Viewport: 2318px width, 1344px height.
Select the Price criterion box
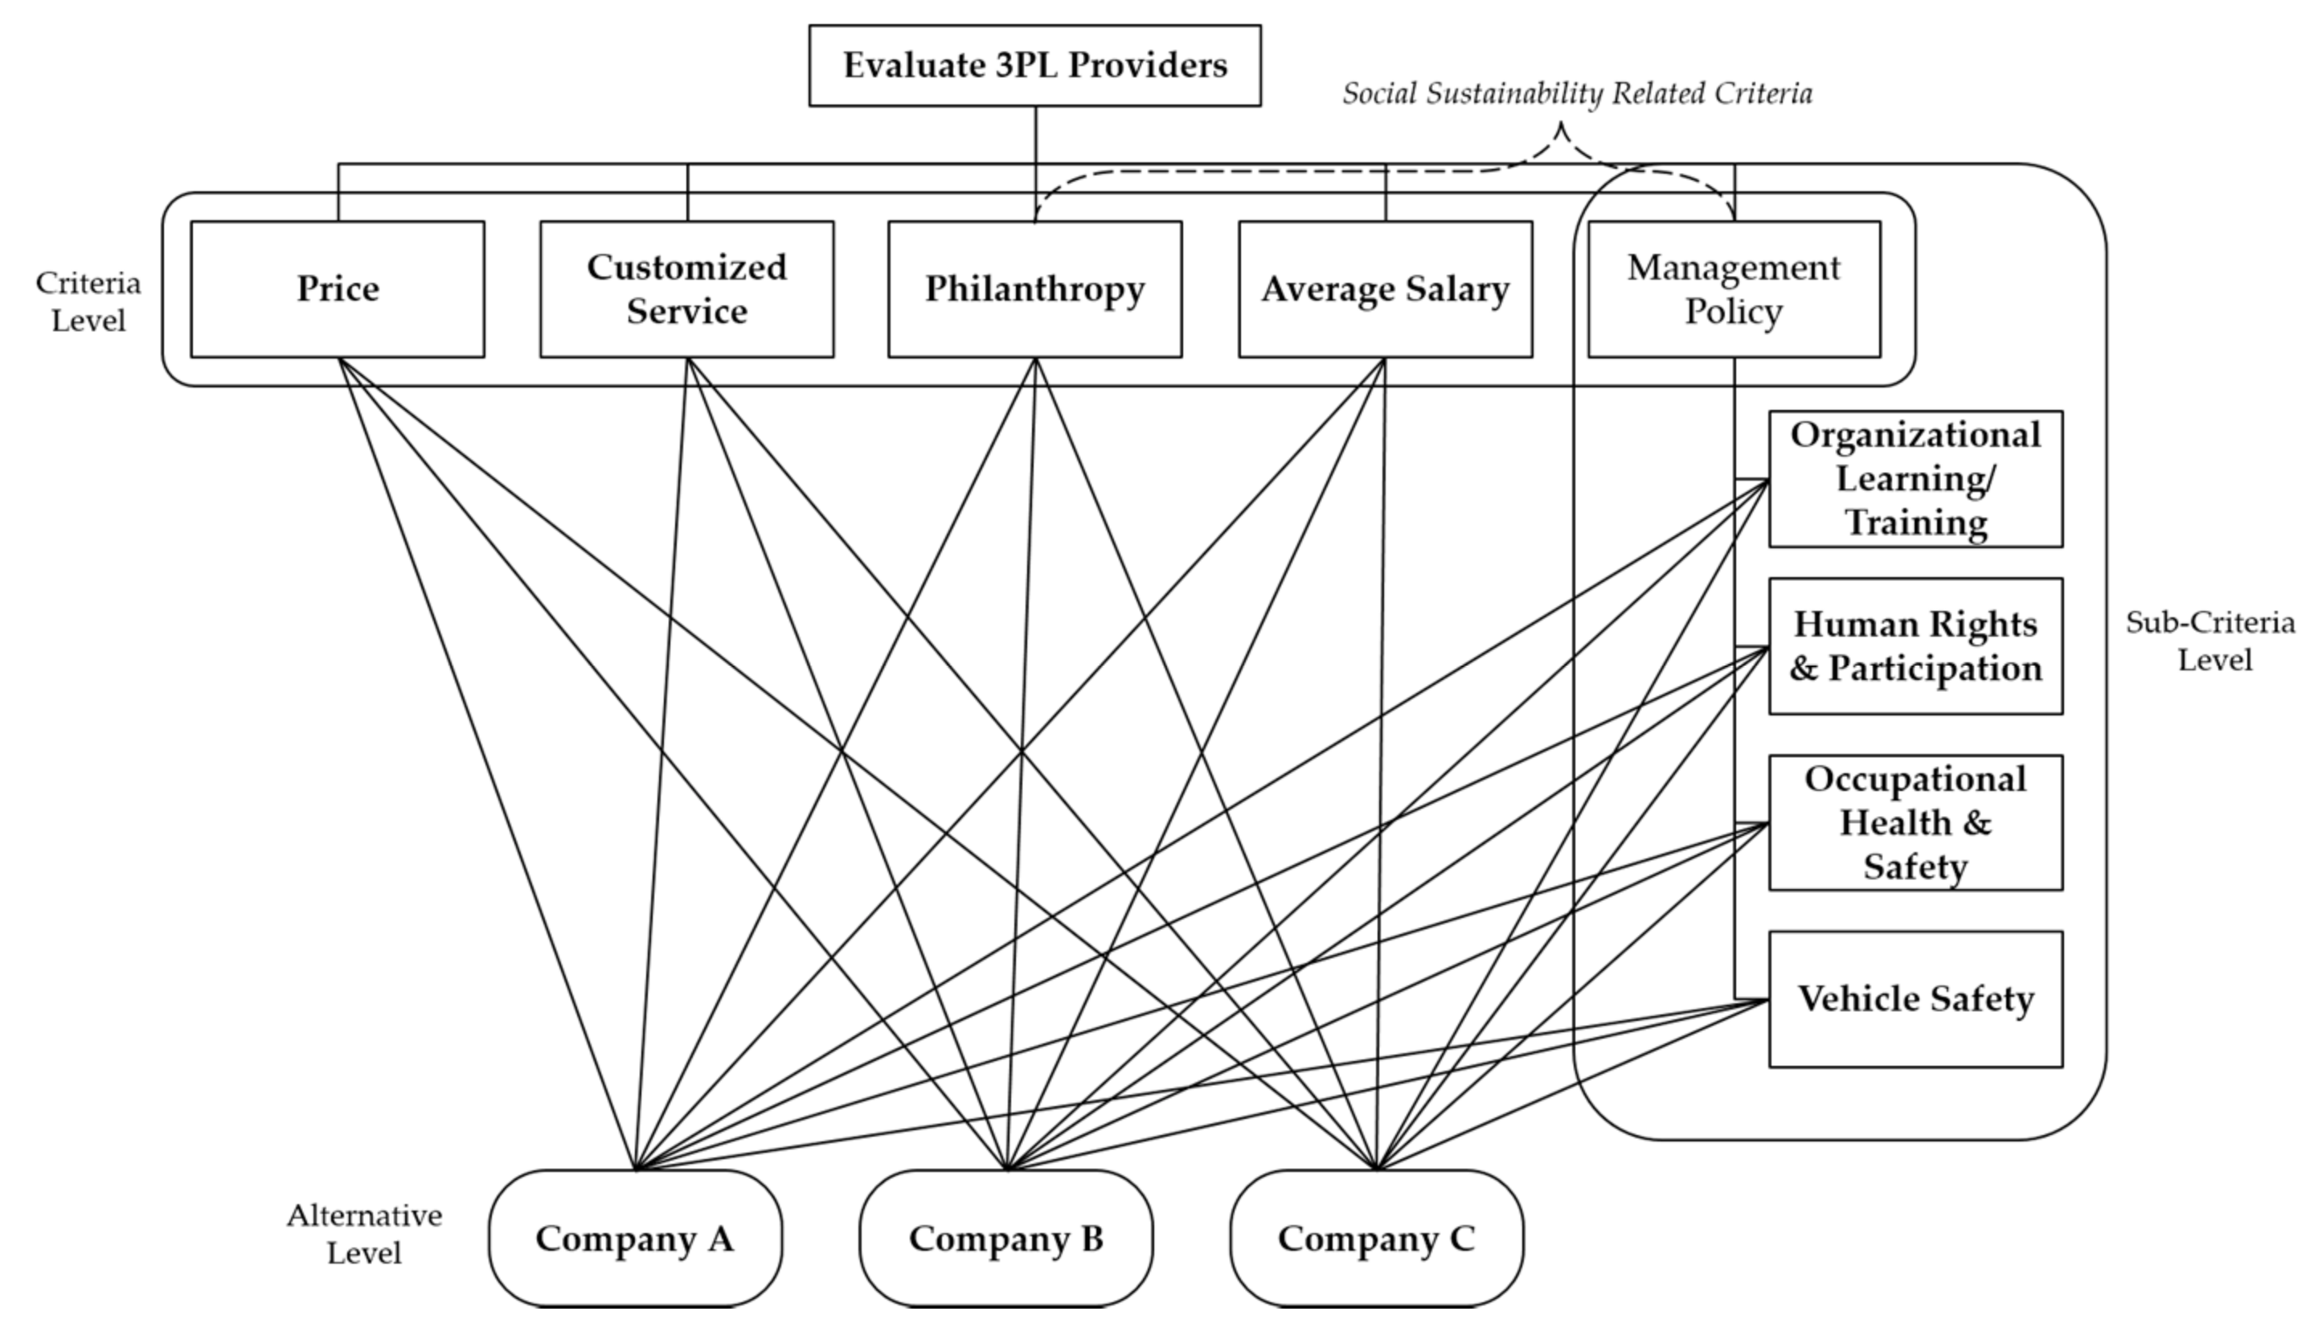(338, 289)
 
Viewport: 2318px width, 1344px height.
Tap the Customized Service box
(686, 289)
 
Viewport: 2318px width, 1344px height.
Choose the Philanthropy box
(1035, 289)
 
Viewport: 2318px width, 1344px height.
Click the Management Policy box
(1734, 289)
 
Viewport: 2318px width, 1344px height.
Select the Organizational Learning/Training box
(1915, 479)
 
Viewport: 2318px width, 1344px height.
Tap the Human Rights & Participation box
(1915, 645)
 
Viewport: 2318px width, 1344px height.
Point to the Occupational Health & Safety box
(1915, 822)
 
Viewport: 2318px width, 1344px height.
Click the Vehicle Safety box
(1915, 999)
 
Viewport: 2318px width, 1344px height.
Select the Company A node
(635, 1238)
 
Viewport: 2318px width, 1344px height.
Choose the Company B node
(1005, 1238)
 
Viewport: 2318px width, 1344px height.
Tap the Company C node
(1376, 1238)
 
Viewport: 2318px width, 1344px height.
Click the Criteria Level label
(88, 301)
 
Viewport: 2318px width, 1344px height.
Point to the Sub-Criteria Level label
(2209, 641)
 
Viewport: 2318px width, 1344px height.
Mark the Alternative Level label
(364, 1235)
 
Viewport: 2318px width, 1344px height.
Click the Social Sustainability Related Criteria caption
(1577, 94)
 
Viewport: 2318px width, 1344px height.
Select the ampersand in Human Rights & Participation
(1803, 669)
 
